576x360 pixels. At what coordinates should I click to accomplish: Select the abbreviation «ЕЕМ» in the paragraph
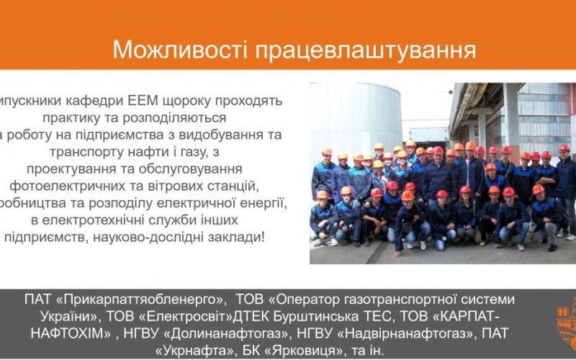pyautogui.click(x=145, y=101)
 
